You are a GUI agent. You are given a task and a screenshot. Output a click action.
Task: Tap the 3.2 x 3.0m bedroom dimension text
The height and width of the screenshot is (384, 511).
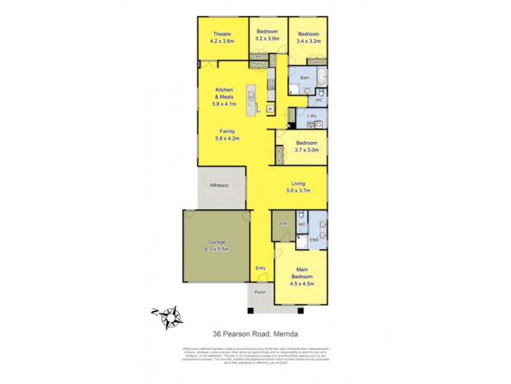click(x=267, y=40)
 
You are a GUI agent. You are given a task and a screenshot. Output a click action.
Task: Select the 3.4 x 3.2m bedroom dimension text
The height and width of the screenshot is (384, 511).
click(x=309, y=40)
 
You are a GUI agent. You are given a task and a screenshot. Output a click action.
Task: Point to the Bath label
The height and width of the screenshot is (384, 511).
click(x=305, y=78)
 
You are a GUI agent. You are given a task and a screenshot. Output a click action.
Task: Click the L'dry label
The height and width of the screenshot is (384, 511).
click(x=312, y=116)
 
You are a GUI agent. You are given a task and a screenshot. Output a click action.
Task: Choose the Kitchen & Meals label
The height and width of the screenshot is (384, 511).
click(x=224, y=93)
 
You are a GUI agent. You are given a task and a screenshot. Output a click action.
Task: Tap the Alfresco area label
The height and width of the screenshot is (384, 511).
click(x=219, y=186)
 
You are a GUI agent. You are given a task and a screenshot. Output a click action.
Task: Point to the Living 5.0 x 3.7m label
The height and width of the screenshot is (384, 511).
click(x=298, y=186)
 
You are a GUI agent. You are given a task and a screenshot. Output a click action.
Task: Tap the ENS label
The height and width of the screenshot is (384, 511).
click(x=313, y=241)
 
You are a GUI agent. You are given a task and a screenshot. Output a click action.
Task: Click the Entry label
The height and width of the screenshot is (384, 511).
click(x=261, y=268)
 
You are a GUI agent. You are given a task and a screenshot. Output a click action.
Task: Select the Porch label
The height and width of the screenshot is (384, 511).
click(x=260, y=292)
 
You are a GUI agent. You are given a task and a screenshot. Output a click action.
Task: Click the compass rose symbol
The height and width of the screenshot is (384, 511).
click(x=170, y=316)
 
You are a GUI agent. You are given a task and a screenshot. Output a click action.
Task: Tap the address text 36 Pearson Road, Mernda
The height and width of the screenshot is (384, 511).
click(x=256, y=334)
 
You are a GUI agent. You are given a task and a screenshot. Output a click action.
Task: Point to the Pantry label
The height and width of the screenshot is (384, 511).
click(x=257, y=64)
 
